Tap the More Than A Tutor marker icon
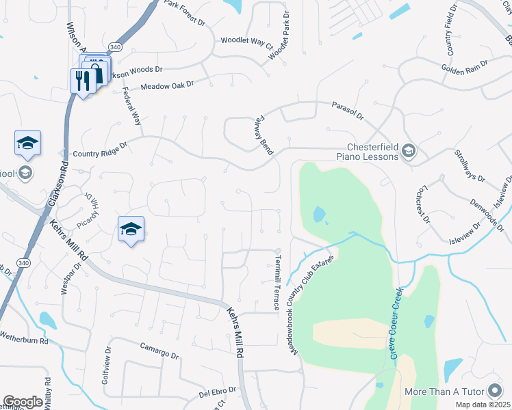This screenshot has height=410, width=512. (495, 392)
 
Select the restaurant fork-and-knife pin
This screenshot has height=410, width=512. (81, 81)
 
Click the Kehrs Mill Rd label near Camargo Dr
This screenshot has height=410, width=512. (234, 333)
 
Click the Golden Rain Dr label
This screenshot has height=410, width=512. (464, 67)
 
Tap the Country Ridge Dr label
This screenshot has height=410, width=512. (96, 151)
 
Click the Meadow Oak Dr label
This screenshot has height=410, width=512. (167, 86)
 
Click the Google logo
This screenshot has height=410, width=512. (23, 402)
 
